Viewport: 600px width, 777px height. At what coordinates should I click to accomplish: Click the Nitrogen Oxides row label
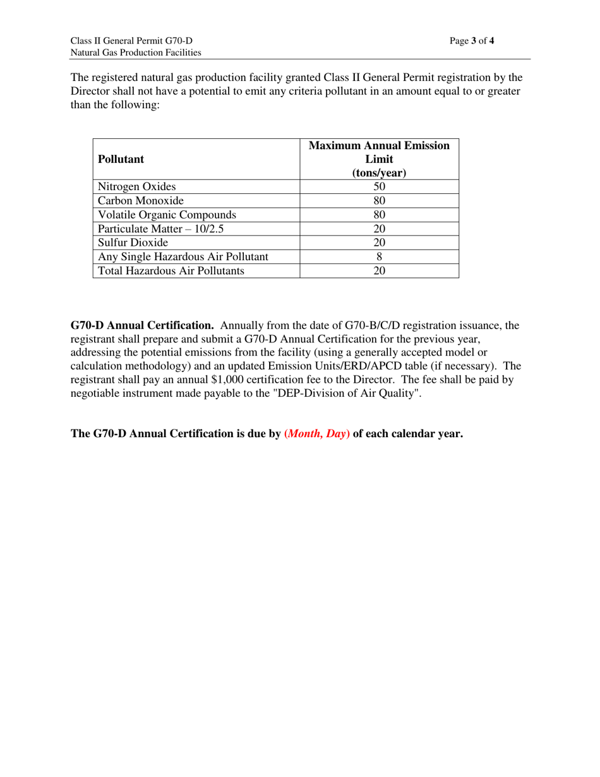137,186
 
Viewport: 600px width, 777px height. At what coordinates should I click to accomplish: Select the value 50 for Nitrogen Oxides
379,186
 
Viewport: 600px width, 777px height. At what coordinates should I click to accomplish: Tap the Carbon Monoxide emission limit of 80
379,201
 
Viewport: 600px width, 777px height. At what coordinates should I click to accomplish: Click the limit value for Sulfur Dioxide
379,243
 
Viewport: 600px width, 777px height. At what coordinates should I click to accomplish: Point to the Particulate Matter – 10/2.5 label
160,229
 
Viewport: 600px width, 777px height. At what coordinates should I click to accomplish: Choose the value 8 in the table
379,256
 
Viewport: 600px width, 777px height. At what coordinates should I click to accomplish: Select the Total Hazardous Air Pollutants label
171,271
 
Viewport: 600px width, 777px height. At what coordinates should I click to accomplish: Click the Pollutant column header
121,159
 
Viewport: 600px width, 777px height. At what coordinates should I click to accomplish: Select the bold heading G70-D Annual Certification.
142,325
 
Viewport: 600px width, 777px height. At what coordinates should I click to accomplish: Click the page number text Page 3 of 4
472,41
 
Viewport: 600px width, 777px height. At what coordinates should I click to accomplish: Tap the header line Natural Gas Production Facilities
136,52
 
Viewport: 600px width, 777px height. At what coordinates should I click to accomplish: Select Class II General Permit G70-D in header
131,41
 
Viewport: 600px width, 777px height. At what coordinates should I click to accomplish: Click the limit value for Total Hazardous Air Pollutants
379,271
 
